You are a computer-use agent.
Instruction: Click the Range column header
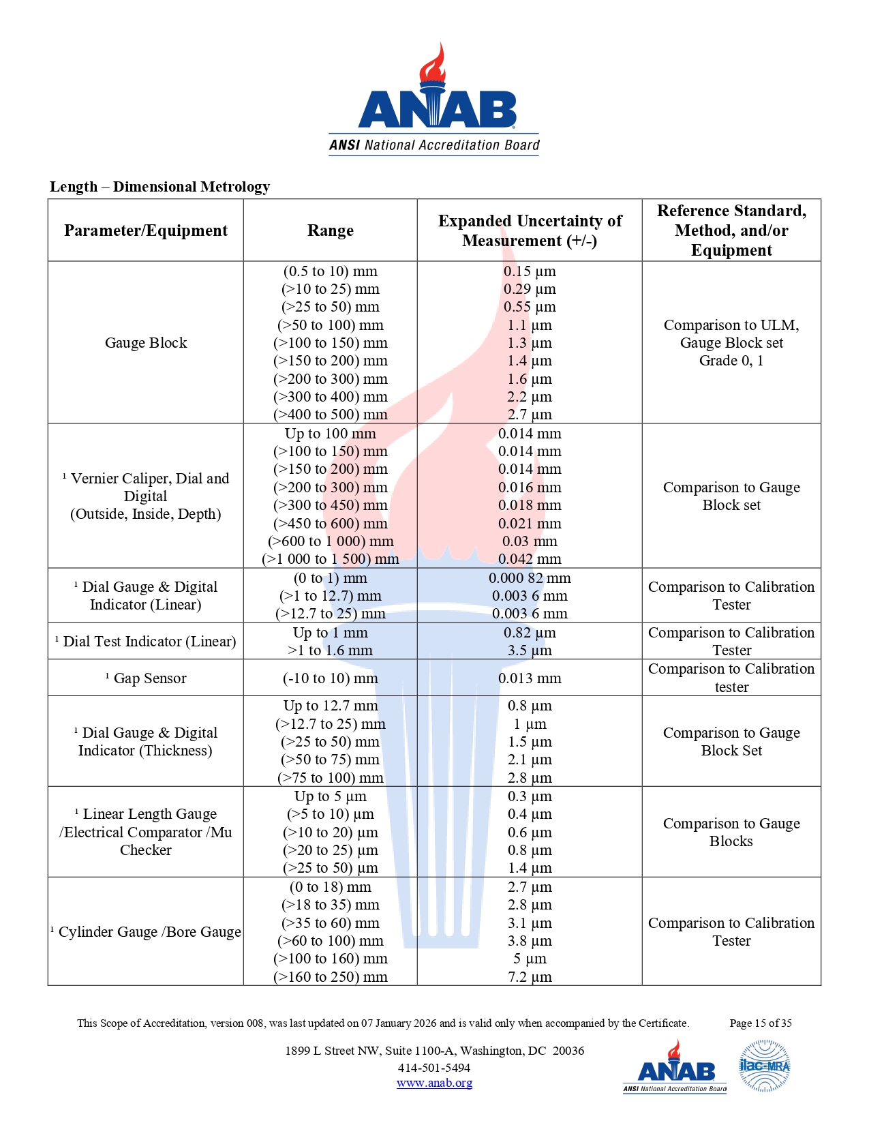pos(331,230)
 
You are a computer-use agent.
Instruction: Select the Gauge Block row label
pos(146,343)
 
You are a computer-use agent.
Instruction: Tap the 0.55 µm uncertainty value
pos(530,307)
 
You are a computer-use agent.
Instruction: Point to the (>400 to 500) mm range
pos(331,415)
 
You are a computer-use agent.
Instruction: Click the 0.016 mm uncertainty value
pos(530,487)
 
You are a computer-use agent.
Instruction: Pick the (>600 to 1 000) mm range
pos(331,541)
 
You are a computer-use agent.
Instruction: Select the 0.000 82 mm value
pos(530,578)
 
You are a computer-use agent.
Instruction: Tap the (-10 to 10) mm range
pos(331,678)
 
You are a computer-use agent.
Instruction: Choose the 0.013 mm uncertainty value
pos(530,678)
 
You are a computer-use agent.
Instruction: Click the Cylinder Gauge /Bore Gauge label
pos(149,932)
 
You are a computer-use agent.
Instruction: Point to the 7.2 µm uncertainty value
pos(530,977)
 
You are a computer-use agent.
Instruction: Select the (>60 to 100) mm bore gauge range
pos(331,941)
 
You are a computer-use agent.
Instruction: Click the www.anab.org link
pos(434,1083)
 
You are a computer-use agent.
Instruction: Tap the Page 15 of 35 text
pos(761,1023)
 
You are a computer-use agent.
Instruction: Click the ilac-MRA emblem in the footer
pos(764,1066)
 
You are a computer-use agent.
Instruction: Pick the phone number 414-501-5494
pos(434,1068)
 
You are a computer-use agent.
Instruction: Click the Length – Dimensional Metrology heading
pos(159,187)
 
